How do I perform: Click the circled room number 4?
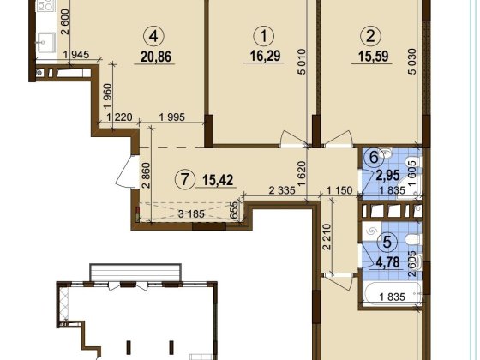(x=153, y=36)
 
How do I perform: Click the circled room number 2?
(x=370, y=36)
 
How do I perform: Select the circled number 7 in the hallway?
(x=182, y=181)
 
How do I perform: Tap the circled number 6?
(x=373, y=158)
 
